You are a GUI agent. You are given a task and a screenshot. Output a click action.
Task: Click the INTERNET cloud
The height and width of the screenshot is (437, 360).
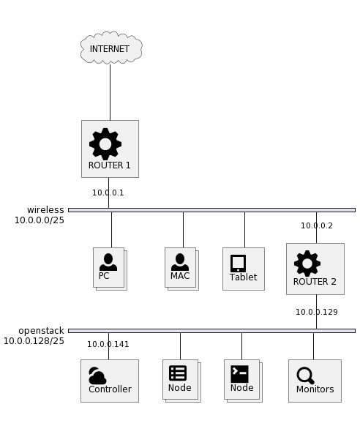pyautogui.click(x=111, y=48)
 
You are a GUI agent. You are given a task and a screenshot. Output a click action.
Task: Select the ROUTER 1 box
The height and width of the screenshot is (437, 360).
pyautogui.click(x=110, y=149)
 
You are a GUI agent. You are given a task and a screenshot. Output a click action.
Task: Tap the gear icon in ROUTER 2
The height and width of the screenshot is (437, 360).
pyautogui.click(x=307, y=264)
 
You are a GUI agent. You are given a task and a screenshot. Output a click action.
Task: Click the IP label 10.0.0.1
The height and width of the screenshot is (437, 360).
pyautogui.click(x=108, y=193)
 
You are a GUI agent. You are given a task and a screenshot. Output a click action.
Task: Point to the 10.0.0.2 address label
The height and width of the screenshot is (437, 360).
pyautogui.click(x=317, y=225)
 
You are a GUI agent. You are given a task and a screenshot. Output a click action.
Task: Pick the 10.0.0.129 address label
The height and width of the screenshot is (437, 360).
pyautogui.click(x=317, y=312)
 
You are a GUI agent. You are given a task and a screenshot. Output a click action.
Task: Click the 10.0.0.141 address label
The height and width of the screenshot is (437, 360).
pyautogui.click(x=108, y=344)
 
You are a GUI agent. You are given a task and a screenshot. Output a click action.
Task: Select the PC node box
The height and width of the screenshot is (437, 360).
pyautogui.click(x=109, y=268)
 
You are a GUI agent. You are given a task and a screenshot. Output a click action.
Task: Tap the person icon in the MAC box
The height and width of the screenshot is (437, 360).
pyautogui.click(x=180, y=262)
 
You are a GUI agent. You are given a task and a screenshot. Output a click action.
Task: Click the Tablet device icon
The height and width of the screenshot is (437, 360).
pyautogui.click(x=238, y=264)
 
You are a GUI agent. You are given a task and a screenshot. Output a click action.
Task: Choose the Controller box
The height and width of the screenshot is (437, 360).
pyautogui.click(x=110, y=381)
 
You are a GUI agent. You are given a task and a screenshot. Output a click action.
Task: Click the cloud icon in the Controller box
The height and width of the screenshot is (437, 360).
pyautogui.click(x=97, y=376)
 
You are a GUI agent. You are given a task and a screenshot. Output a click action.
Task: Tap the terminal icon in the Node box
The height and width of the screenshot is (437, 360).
pyautogui.click(x=239, y=374)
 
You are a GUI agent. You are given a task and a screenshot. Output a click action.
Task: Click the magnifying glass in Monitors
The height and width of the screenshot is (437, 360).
pyautogui.click(x=305, y=376)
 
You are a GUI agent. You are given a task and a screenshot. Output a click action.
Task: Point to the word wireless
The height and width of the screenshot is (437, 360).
pyautogui.click(x=45, y=209)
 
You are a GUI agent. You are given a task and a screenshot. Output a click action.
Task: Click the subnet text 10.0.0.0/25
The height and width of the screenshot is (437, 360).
pyautogui.click(x=40, y=220)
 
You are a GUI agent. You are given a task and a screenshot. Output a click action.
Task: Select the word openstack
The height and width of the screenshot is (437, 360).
pyautogui.click(x=41, y=331)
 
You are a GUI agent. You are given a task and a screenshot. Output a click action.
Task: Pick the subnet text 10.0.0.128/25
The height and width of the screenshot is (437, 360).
pyautogui.click(x=34, y=341)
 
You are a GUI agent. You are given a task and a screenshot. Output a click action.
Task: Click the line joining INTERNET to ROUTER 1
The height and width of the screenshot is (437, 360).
pyautogui.click(x=110, y=92)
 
